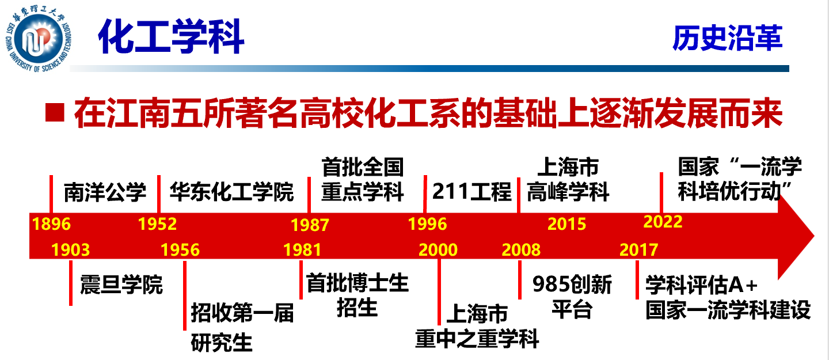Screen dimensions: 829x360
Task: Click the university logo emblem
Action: (x=38, y=39)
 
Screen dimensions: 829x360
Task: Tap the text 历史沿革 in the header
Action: (x=727, y=38)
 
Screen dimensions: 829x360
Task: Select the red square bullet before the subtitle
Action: (x=55, y=112)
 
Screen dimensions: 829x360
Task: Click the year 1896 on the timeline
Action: (x=51, y=224)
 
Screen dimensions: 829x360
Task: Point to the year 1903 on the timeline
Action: (x=70, y=250)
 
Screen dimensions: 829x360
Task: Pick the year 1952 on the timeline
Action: (x=157, y=224)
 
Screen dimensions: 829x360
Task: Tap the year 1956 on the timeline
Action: (x=180, y=250)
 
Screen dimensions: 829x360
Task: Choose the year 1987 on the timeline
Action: (x=310, y=225)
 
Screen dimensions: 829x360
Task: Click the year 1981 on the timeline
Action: (x=302, y=250)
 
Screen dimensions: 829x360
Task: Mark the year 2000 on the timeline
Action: (x=438, y=250)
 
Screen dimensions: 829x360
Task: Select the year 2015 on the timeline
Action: (x=566, y=224)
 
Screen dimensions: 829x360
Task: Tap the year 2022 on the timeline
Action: (x=663, y=222)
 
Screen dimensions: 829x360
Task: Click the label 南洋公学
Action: (x=105, y=192)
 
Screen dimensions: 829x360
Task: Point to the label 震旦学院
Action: (x=121, y=285)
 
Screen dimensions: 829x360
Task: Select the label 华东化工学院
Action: (x=231, y=191)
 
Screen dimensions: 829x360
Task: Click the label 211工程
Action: (x=472, y=191)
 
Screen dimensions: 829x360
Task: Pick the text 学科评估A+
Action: (x=701, y=285)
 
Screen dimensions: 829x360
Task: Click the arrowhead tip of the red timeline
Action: (x=814, y=236)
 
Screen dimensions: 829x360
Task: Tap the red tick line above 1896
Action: (x=51, y=194)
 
